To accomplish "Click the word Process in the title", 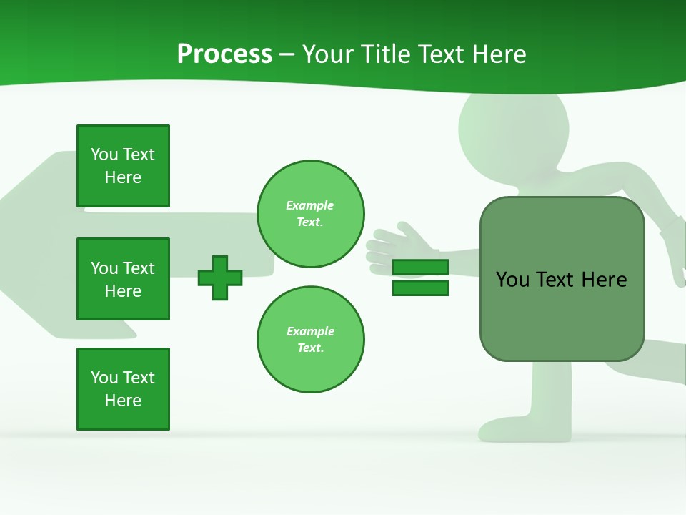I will point(224,54).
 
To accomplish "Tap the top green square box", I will point(123,166).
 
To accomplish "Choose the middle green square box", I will point(123,279).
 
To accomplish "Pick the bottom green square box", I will point(123,389).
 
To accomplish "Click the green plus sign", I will point(220,278).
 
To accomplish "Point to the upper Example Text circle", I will point(310,214).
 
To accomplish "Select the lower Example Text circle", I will point(310,340).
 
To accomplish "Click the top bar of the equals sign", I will point(420,268).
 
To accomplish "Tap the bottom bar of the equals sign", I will point(420,288).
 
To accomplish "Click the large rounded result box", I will point(562,279).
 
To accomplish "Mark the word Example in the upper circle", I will point(310,205).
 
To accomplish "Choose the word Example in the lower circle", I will point(310,331).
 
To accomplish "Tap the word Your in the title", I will point(327,54).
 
